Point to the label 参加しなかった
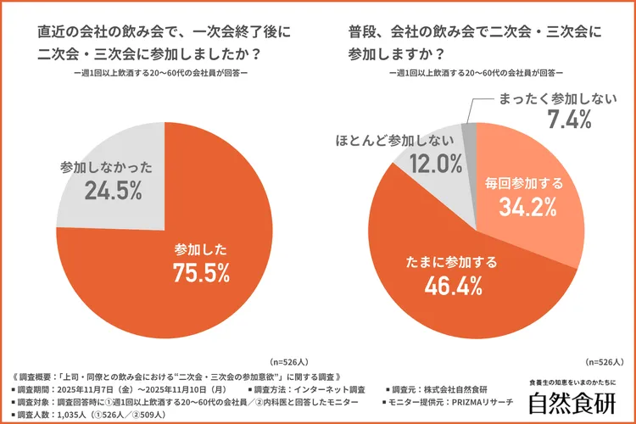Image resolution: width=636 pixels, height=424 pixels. (x=107, y=167)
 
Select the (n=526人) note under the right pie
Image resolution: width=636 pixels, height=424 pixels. (x=607, y=360)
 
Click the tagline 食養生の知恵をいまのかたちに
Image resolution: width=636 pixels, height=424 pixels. (x=572, y=382)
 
